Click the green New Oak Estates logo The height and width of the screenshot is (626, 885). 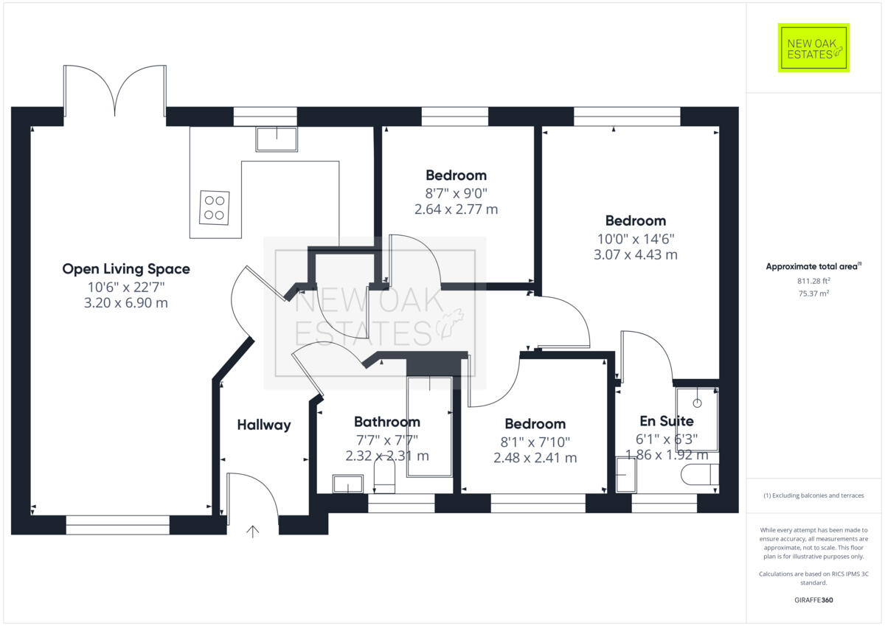point(813,48)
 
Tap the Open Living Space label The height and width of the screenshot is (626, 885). point(126,269)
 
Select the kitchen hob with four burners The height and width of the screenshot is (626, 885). point(215,207)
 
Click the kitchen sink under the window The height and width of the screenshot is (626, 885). point(277,139)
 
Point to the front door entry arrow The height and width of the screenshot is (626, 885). point(253,531)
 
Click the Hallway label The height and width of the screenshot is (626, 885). point(263,425)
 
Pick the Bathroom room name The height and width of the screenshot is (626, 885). point(386,422)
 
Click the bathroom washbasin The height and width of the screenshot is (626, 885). point(347,484)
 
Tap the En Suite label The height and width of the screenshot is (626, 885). point(666,421)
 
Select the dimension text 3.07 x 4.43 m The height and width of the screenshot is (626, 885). point(635,255)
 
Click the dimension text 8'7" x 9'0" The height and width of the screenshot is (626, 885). point(456,193)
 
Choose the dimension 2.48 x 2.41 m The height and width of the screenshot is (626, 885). point(535,458)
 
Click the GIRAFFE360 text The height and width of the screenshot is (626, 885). point(813,600)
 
